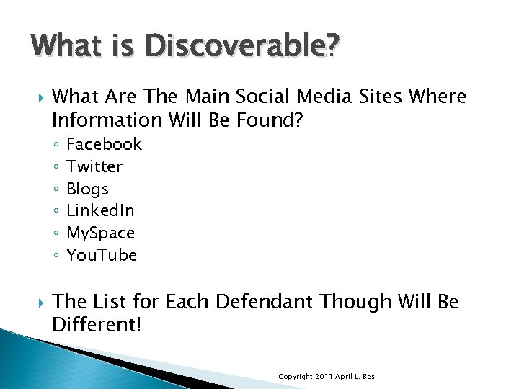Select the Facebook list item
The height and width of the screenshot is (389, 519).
104,144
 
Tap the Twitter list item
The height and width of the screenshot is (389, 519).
94,166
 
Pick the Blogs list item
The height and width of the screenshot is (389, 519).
87,189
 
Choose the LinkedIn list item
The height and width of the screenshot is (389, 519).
100,210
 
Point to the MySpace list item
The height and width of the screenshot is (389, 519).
100,233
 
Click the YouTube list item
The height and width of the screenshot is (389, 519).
102,255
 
